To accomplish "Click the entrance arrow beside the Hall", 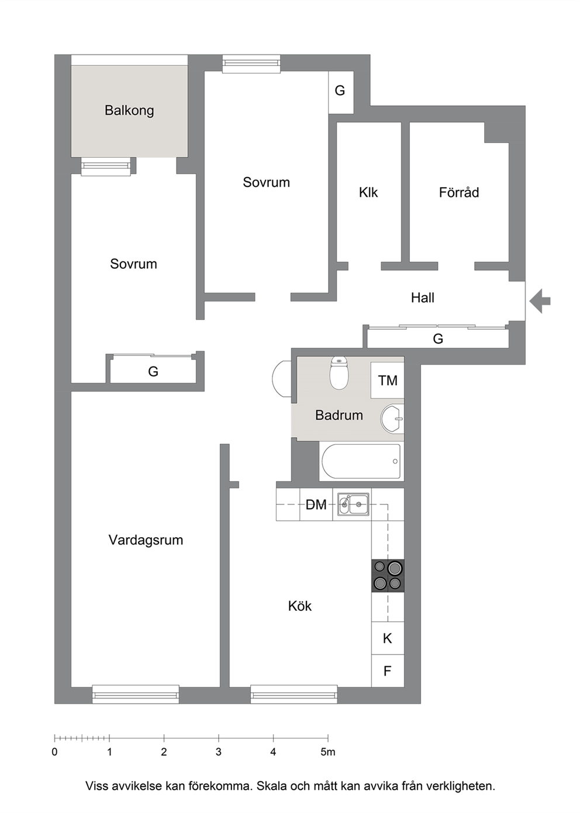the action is tap(540, 301).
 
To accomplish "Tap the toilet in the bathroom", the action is tap(339, 373).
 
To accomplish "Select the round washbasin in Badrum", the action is tap(392, 419).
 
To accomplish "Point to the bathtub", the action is tap(361, 461).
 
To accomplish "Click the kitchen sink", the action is tap(353, 504).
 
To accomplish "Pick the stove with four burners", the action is tap(388, 576).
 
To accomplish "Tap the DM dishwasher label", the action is tap(316, 504).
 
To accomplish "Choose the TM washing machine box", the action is tap(388, 380).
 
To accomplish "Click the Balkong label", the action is tap(129, 110).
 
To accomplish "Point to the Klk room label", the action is tap(368, 192).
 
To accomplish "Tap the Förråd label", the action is tap(459, 192).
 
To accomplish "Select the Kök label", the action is tap(299, 606).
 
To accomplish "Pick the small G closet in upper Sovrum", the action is tap(341, 92).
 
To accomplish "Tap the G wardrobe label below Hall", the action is tap(438, 339).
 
